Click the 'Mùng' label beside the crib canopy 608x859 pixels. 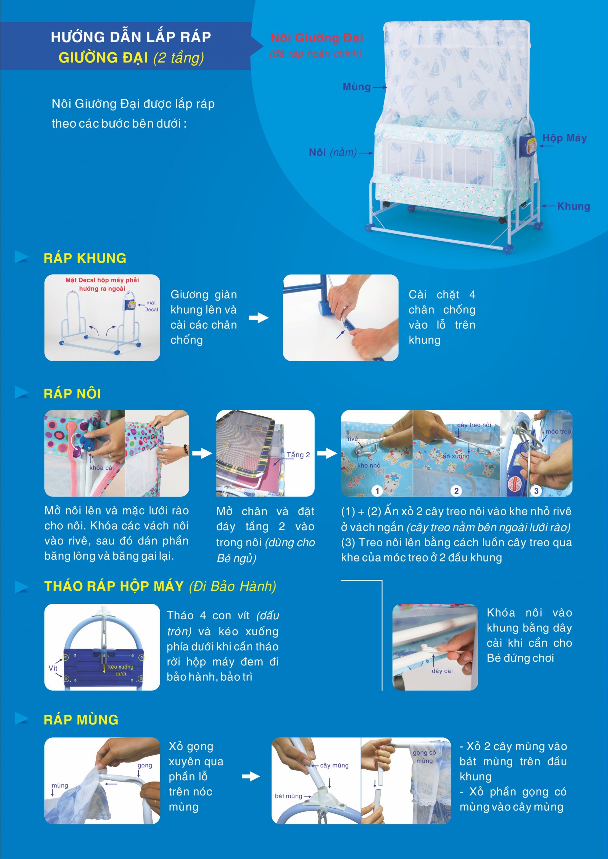pos(356,87)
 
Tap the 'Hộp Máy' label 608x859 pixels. pos(565,138)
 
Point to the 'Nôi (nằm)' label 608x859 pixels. pos(333,152)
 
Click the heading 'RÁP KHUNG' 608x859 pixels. pos(85,258)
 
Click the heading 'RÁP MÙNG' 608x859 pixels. pos(81,720)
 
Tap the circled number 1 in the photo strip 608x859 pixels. pos(377,491)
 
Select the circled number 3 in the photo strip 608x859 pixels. pos(536,491)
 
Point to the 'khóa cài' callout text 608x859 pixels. pos(102,468)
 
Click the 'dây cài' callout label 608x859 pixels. pos(442,671)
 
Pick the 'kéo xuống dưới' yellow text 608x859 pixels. pos(121,670)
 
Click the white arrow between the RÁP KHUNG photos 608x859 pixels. pos(259,318)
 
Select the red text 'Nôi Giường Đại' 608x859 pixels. pos(317,37)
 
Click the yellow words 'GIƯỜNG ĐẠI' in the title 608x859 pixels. pos(103,58)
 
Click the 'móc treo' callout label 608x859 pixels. pos(558,431)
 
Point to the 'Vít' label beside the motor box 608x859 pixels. pos(53,668)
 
